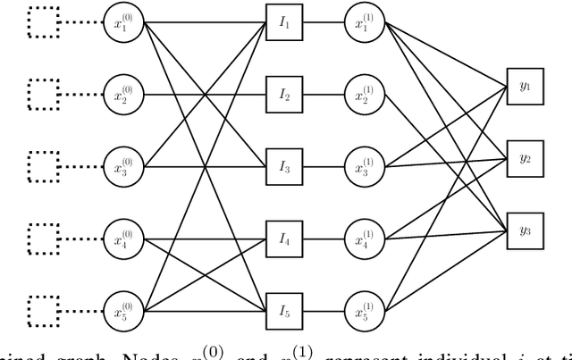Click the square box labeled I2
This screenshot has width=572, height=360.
tap(283, 94)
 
